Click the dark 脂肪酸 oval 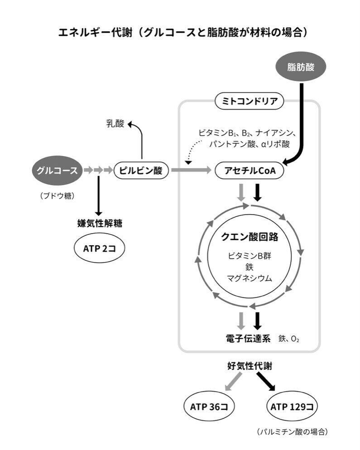301,67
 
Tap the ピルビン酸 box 141,170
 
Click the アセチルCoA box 250,171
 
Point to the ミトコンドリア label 250,101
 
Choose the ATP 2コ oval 100,248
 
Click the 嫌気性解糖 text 100,223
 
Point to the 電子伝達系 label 248,339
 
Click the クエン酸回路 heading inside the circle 250,237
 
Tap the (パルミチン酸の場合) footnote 292,431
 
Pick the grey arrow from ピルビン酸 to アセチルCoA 191,170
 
